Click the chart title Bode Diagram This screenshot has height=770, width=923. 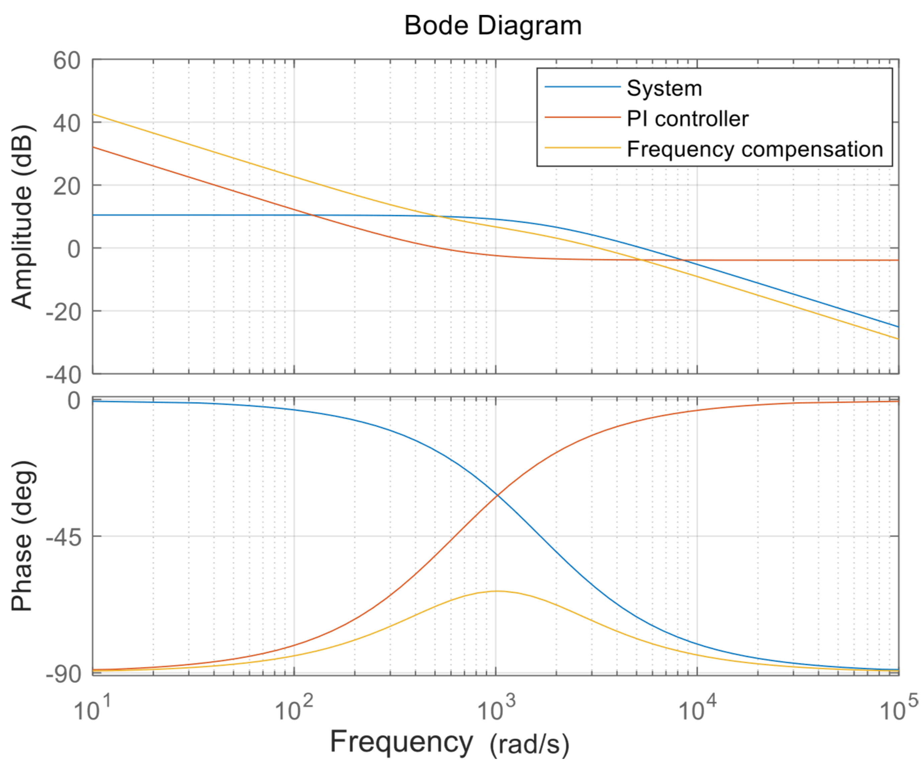[x=493, y=25]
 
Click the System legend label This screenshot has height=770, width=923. [x=664, y=88]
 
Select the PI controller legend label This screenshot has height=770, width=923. [x=688, y=119]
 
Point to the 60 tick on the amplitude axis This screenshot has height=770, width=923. [x=67, y=60]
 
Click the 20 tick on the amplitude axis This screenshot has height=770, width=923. [x=67, y=186]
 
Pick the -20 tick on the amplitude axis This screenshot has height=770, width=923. [x=64, y=312]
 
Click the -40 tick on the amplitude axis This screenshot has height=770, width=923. [x=64, y=375]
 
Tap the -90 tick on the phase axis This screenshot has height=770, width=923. [x=64, y=673]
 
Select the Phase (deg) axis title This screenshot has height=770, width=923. [x=22, y=536]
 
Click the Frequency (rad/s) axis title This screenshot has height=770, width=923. [x=449, y=743]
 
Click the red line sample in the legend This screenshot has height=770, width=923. [x=582, y=117]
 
